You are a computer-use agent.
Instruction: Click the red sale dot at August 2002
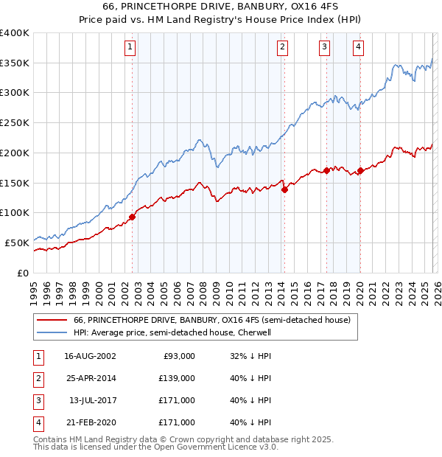click(x=133, y=217)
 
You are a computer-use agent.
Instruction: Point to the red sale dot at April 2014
click(x=284, y=189)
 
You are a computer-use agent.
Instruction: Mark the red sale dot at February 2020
click(x=360, y=170)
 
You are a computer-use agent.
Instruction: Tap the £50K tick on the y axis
click(x=18, y=243)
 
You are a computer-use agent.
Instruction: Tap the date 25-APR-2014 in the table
click(x=90, y=377)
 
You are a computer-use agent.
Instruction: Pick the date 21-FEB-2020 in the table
click(x=90, y=422)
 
